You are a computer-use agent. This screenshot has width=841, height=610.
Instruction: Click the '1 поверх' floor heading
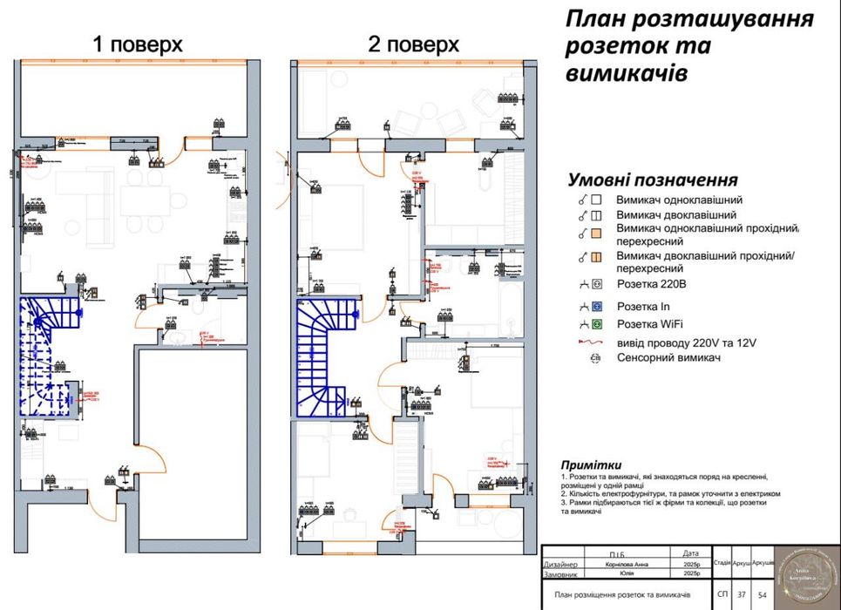pos(138,45)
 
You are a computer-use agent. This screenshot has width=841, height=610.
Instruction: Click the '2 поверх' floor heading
pos(413,45)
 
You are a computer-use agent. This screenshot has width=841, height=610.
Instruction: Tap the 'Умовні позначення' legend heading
pos(653,180)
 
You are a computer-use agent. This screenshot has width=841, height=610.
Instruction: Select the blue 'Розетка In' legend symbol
pos(598,306)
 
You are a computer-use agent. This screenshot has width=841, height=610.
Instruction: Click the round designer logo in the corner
pos(808,574)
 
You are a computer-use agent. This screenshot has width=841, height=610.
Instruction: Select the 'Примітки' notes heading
pos(592,465)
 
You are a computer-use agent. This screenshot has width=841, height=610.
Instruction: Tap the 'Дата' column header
pos(691,553)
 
